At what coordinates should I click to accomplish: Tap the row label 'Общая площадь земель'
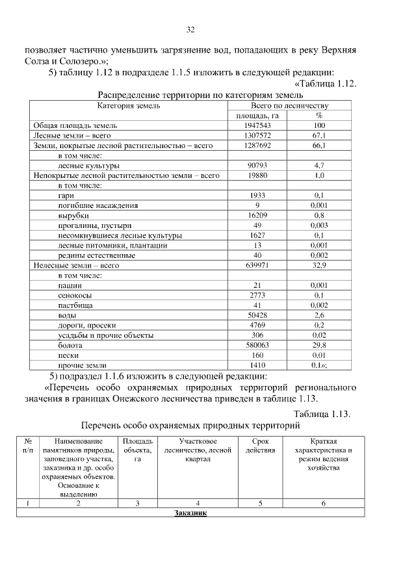pyautogui.click(x=75, y=125)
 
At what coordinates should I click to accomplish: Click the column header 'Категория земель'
pyautogui.click(x=129, y=105)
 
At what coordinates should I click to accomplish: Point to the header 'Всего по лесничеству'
pyautogui.click(x=289, y=105)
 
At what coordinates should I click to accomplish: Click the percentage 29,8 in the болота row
pyautogui.click(x=318, y=346)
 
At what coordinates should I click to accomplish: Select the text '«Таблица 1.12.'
pyautogui.click(x=326, y=84)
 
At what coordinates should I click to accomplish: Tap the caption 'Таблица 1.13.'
pyautogui.click(x=322, y=415)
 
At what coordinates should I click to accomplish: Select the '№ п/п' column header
pyautogui.click(x=28, y=446)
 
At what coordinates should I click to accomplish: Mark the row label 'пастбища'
pyautogui.click(x=75, y=305)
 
